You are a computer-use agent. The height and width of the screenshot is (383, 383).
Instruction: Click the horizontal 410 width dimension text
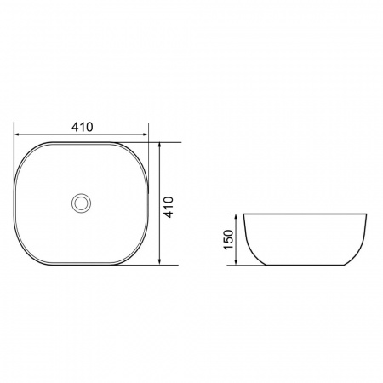[83, 127]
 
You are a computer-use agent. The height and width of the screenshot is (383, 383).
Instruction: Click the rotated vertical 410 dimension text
[169, 207]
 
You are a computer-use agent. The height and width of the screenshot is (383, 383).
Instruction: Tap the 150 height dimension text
[229, 240]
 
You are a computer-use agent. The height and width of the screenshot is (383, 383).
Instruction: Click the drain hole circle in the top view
[82, 203]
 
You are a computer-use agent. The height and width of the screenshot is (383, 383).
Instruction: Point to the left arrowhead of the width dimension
[18, 134]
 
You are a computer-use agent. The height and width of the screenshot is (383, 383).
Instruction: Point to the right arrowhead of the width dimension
[145, 134]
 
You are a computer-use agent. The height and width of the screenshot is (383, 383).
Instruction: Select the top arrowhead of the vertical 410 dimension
[160, 146]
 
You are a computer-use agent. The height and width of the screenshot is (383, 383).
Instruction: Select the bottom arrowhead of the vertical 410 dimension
[160, 261]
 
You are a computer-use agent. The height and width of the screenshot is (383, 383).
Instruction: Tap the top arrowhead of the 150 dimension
[236, 218]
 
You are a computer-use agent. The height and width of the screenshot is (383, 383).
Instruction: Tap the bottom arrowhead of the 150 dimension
[236, 261]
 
